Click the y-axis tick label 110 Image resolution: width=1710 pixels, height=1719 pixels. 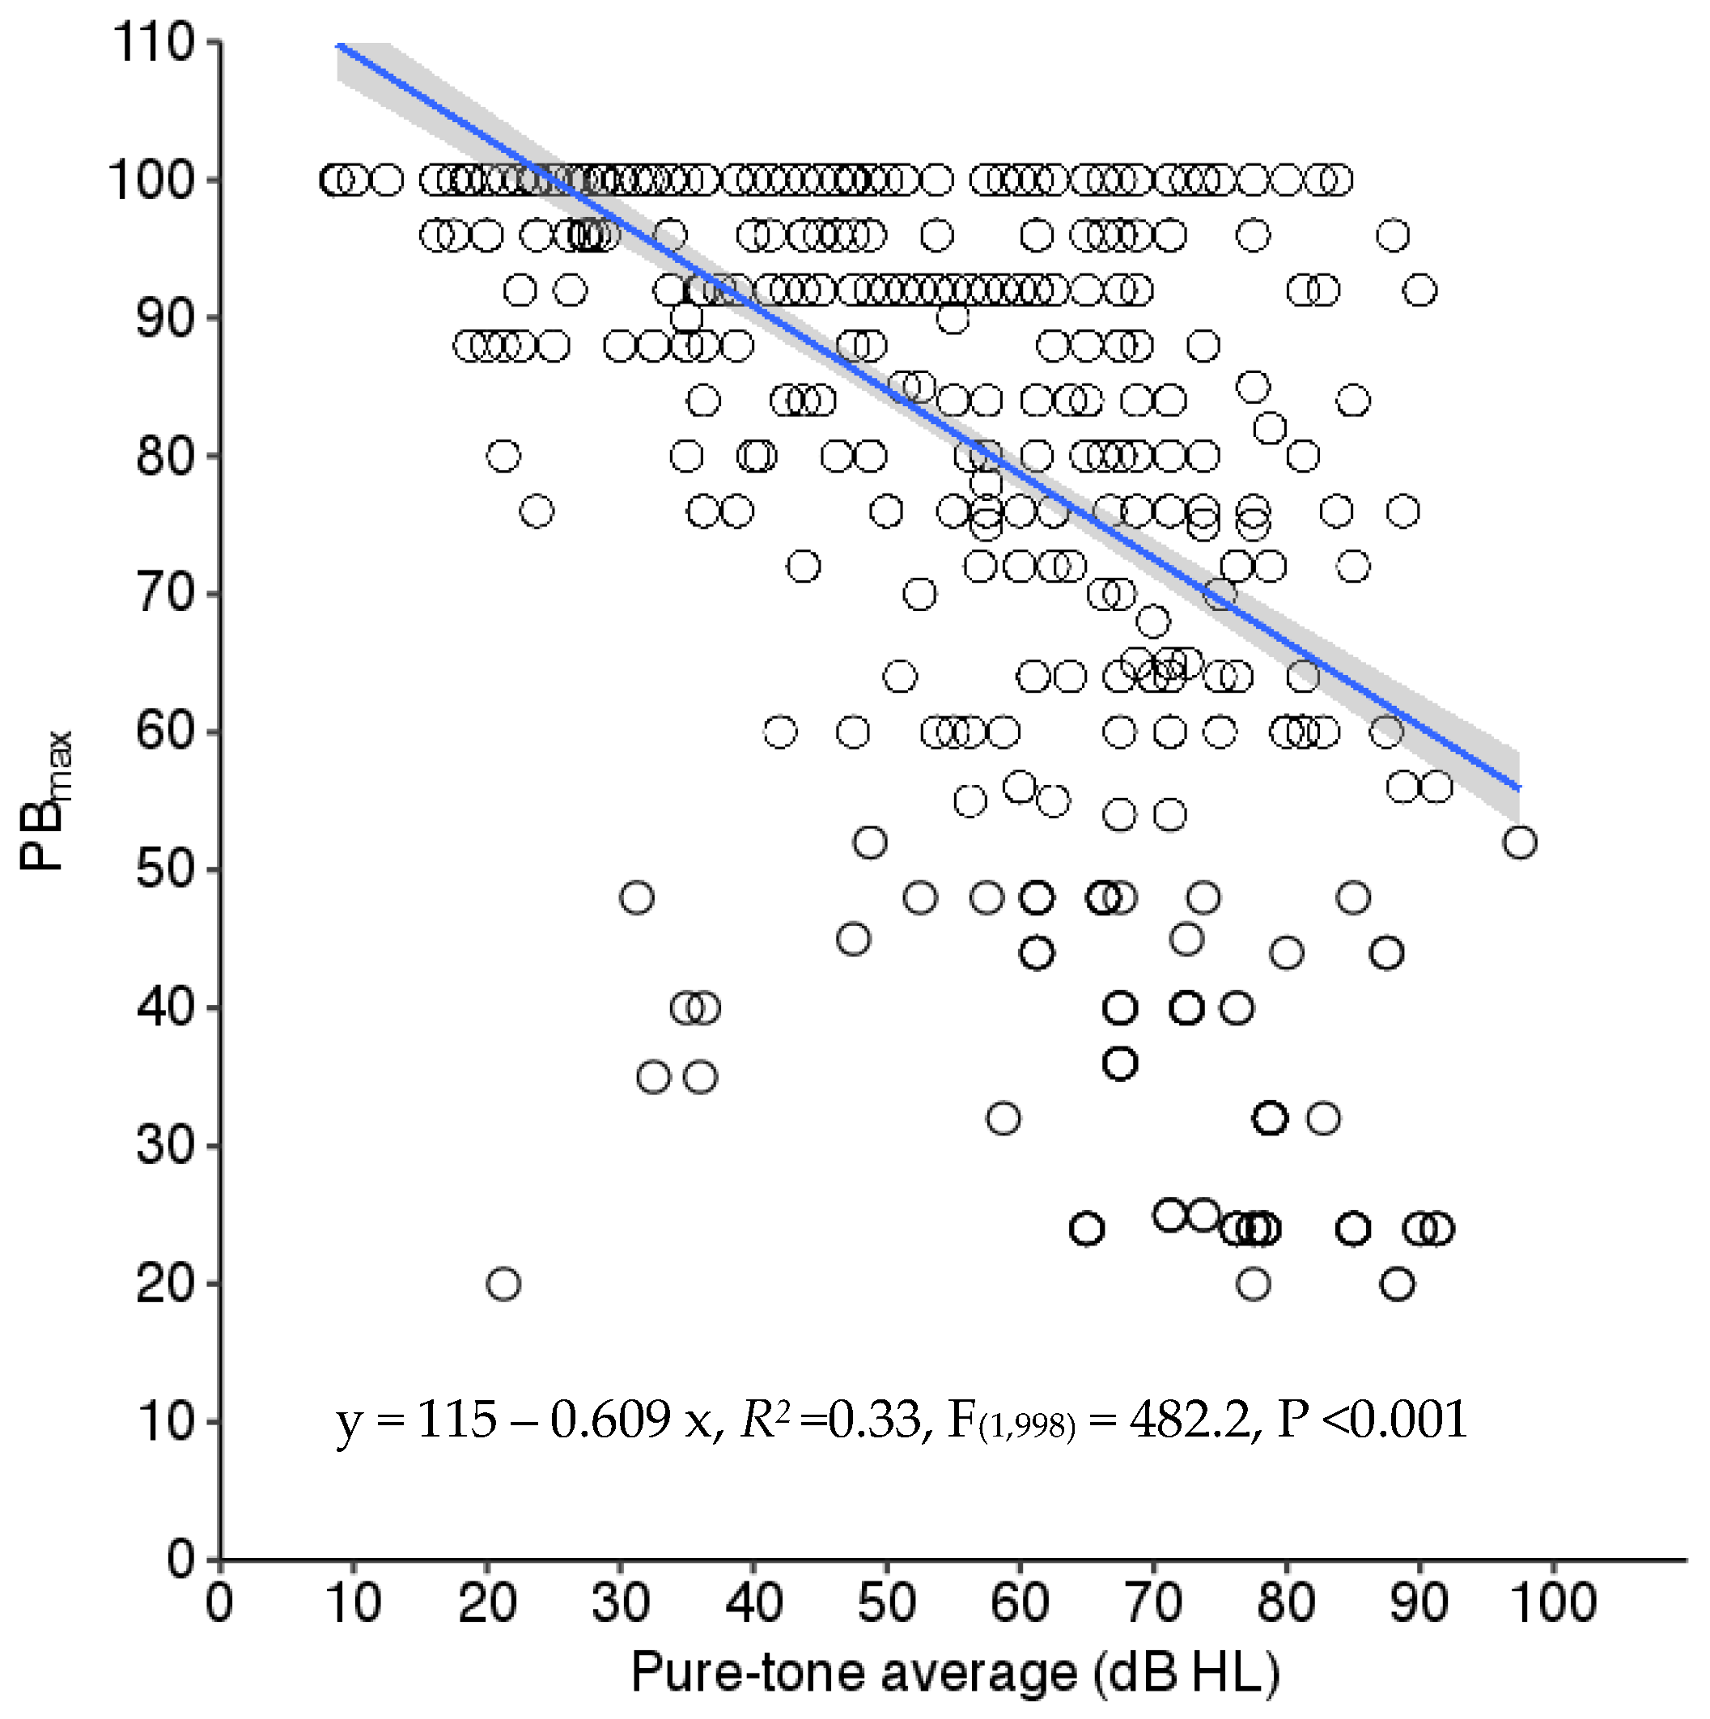(x=152, y=43)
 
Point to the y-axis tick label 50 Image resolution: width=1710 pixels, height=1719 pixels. (x=164, y=869)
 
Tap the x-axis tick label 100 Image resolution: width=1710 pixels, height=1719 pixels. (x=1552, y=1603)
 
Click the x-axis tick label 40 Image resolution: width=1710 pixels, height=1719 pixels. (x=753, y=1603)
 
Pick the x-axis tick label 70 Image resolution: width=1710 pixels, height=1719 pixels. (x=1153, y=1603)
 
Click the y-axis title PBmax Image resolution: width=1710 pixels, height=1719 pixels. (x=46, y=800)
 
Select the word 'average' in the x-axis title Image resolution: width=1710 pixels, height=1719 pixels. (x=978, y=1673)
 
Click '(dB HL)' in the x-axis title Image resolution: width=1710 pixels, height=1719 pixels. (x=1188, y=1673)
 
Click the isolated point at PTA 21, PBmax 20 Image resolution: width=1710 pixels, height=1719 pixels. (x=503, y=1284)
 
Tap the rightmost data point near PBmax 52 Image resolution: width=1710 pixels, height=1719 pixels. (x=1520, y=842)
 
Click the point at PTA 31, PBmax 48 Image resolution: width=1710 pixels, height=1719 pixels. (x=637, y=897)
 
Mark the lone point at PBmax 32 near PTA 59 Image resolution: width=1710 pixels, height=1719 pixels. (x=1004, y=1118)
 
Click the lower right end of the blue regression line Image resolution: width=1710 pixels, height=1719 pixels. (x=1519, y=787)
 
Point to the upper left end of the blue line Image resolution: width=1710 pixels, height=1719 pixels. (x=339, y=45)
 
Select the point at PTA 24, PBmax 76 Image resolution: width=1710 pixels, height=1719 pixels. (x=537, y=511)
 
